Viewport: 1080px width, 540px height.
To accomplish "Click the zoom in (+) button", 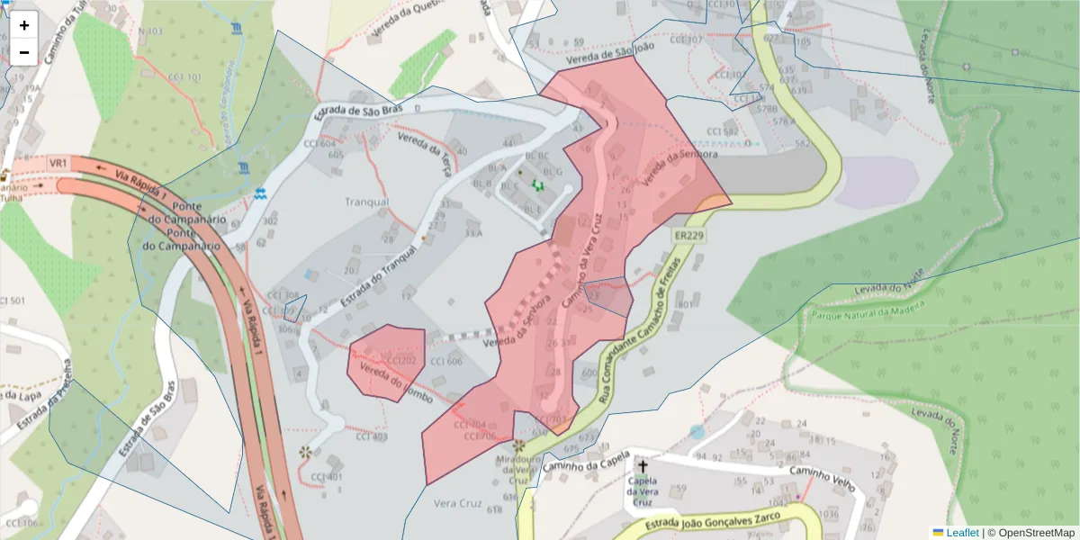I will [x=24, y=25].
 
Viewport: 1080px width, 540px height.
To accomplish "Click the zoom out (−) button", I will [x=24, y=52].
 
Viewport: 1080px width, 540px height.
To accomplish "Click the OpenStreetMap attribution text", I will [x=1036, y=533].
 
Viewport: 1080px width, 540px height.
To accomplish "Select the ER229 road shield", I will [x=688, y=236].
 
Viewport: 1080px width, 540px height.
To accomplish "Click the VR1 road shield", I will [x=58, y=163].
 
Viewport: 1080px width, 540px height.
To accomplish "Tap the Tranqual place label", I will [x=367, y=202].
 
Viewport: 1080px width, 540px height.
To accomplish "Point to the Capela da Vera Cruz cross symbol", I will [x=642, y=465].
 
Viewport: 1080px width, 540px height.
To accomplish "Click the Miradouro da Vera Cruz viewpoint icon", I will [x=518, y=445].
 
